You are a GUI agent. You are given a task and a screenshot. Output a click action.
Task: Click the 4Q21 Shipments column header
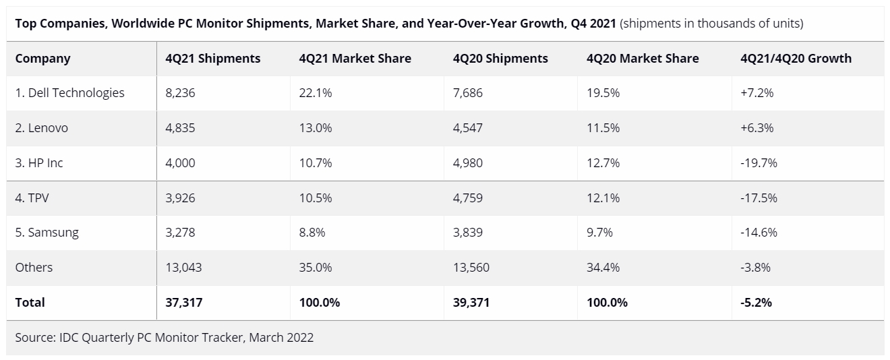click(x=212, y=59)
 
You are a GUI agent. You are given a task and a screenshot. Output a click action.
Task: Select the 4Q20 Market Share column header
click(x=643, y=59)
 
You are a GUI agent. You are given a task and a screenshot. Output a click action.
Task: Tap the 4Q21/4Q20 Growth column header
click(x=796, y=59)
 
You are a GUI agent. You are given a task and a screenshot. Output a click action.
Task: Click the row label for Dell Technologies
click(x=69, y=93)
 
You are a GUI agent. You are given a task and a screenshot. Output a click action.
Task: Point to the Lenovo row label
click(x=41, y=128)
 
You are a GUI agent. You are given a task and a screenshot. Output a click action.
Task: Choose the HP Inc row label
click(x=39, y=163)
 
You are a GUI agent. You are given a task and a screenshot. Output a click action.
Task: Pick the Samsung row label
click(x=47, y=233)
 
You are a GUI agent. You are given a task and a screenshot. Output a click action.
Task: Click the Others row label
click(x=34, y=268)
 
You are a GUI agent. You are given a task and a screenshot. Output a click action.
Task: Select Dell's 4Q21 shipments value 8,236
click(x=180, y=93)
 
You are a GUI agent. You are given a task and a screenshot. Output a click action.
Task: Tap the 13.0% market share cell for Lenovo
click(x=316, y=128)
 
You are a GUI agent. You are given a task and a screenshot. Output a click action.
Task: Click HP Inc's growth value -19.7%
click(x=759, y=163)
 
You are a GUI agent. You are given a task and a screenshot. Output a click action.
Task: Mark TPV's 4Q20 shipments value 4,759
click(x=468, y=198)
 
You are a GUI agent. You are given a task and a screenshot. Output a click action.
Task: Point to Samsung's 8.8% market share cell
click(x=312, y=233)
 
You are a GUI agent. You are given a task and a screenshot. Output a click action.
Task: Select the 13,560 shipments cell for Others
click(x=471, y=268)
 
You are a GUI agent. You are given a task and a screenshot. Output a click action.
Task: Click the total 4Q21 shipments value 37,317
click(x=183, y=303)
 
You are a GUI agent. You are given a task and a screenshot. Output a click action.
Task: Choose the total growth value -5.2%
click(x=756, y=303)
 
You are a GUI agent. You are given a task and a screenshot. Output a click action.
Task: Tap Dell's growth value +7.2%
click(x=756, y=93)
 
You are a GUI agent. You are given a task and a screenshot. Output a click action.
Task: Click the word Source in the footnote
click(x=34, y=337)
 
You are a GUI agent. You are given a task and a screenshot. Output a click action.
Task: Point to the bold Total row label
click(x=30, y=303)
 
